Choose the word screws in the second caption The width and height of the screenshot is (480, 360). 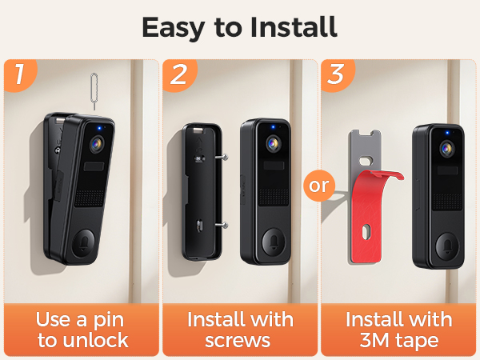[239, 340]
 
